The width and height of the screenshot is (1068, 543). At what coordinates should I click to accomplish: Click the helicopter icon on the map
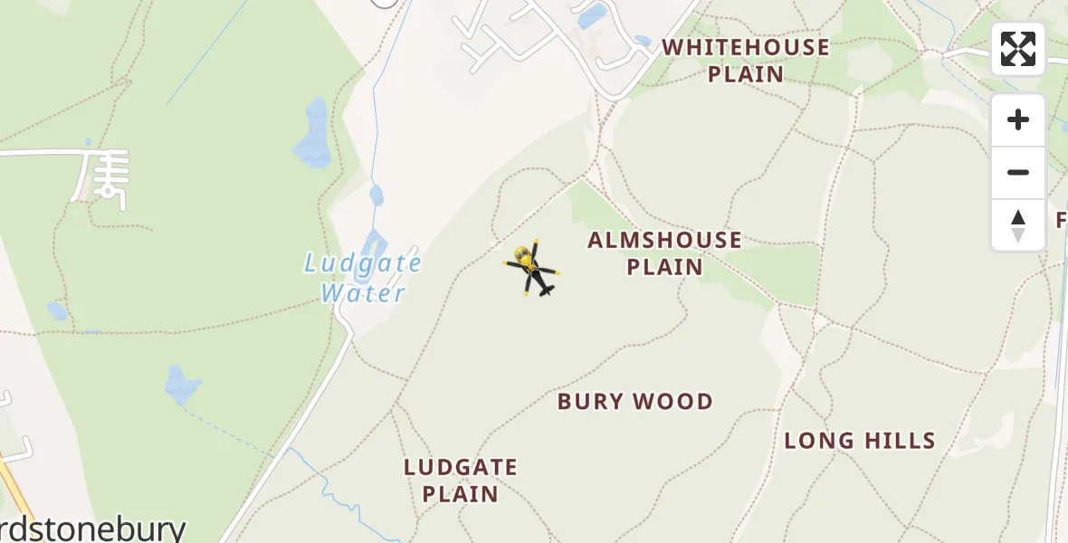(x=532, y=269)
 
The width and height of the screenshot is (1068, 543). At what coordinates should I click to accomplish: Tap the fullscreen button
(x=1018, y=49)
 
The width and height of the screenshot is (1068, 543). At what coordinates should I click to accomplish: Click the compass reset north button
(x=1018, y=225)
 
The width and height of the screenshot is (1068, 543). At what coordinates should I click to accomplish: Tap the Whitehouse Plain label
(x=746, y=61)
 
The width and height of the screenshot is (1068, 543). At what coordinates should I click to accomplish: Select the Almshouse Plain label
(x=664, y=253)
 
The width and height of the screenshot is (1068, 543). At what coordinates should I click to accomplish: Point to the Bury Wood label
(x=635, y=402)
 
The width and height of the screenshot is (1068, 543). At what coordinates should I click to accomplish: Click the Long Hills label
(x=859, y=441)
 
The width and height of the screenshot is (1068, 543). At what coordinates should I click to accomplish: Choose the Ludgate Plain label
(x=461, y=481)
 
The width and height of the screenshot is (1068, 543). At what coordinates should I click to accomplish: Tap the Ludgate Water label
(x=363, y=278)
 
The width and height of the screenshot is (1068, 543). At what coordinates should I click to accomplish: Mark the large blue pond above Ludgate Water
(x=314, y=134)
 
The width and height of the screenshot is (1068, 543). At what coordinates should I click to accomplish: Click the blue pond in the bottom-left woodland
(x=182, y=386)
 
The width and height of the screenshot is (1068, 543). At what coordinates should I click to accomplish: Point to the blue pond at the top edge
(x=593, y=15)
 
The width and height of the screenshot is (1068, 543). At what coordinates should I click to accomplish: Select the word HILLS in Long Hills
(x=898, y=441)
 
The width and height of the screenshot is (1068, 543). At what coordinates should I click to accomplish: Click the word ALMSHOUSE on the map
(x=664, y=241)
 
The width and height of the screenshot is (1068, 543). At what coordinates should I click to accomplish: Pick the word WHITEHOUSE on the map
(x=746, y=48)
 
